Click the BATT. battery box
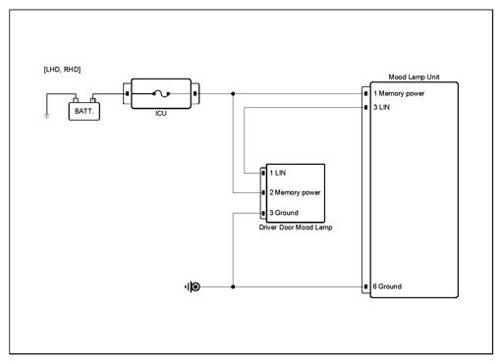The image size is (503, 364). tap(84, 111)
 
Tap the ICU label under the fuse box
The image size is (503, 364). tap(161, 114)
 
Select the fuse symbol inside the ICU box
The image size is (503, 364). tap(161, 94)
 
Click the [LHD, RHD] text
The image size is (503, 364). tap(62, 70)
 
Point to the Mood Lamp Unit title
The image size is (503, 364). tap(414, 78)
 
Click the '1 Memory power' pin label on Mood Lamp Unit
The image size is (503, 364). tap(399, 93)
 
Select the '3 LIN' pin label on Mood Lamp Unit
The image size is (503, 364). tap(381, 107)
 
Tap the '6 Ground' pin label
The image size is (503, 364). tap(387, 286)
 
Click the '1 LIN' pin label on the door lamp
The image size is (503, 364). tap(278, 173)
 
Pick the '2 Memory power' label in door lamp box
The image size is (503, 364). tap(295, 192)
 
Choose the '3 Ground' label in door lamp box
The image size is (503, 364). tap(284, 213)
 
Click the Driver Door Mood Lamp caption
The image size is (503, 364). tap(296, 228)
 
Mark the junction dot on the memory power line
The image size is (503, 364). tap(233, 94)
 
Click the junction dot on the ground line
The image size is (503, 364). tap(233, 286)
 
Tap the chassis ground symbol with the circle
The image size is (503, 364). tap(193, 286)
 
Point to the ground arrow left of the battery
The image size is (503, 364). tap(47, 116)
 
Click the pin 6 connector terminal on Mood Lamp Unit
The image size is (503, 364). tap(365, 286)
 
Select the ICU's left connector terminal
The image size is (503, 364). tap(127, 94)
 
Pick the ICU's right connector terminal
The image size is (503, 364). tap(196, 94)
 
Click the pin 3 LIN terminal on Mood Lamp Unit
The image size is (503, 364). tap(365, 107)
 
